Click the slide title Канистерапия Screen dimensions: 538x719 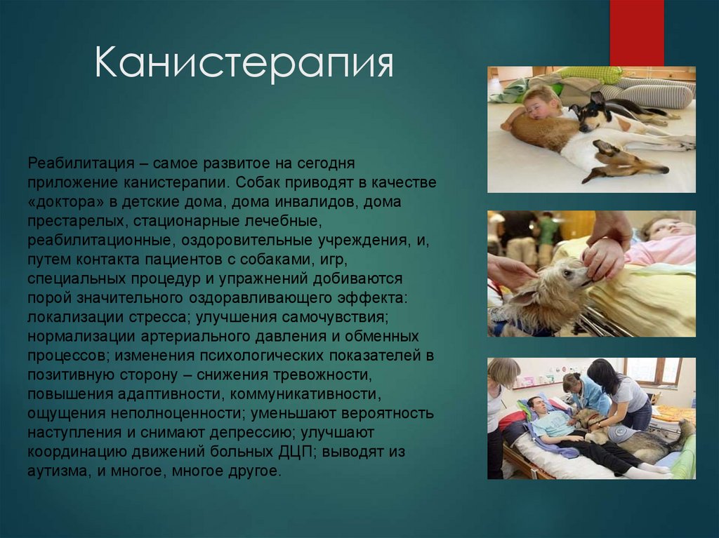pyautogui.click(x=244, y=65)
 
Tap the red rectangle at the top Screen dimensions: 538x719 pyautogui.click(x=636, y=32)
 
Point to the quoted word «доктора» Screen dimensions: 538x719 pyautogui.click(x=65, y=202)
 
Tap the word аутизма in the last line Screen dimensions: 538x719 pyautogui.click(x=55, y=470)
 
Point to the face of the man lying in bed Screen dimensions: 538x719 pyautogui.click(x=537, y=407)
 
